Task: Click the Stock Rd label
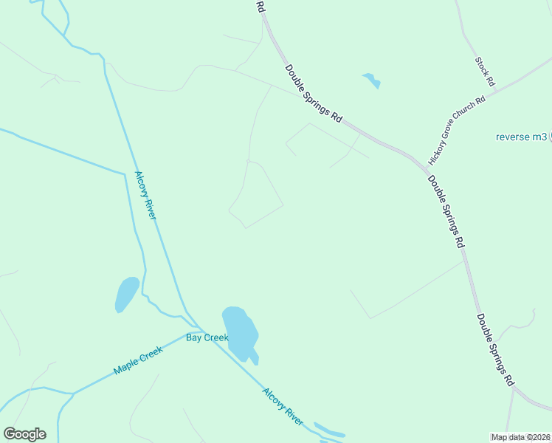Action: (x=484, y=71)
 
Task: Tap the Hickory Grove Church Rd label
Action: (x=458, y=130)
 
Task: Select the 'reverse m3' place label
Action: (x=521, y=137)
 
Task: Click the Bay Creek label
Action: (x=203, y=337)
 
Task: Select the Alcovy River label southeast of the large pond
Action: (x=283, y=406)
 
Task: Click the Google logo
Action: (x=24, y=433)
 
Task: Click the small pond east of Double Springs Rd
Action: (x=371, y=80)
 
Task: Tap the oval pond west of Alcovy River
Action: (x=127, y=293)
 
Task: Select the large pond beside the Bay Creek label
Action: (x=240, y=333)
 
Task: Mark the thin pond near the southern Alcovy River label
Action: (x=329, y=430)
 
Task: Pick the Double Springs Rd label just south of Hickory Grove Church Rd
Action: (x=445, y=210)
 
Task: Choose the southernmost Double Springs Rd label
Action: (x=494, y=350)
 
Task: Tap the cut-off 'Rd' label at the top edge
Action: (x=260, y=6)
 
